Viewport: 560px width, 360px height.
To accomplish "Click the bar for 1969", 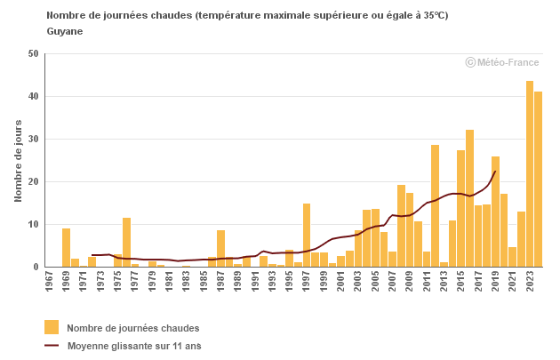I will pos(67,248).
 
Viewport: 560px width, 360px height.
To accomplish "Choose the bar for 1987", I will pos(220,249).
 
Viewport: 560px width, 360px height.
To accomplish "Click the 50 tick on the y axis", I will pos(34,53).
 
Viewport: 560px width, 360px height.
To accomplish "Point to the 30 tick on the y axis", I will pos(34,139).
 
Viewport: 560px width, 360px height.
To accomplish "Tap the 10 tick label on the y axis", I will pos(34,224).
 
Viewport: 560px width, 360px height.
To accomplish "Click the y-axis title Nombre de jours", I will pos(18,160).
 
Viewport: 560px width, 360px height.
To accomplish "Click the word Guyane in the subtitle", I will pos(65,31).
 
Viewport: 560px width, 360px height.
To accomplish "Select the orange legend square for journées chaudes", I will pos(52,327).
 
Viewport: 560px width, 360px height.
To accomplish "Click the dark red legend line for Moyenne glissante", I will pos(52,346).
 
